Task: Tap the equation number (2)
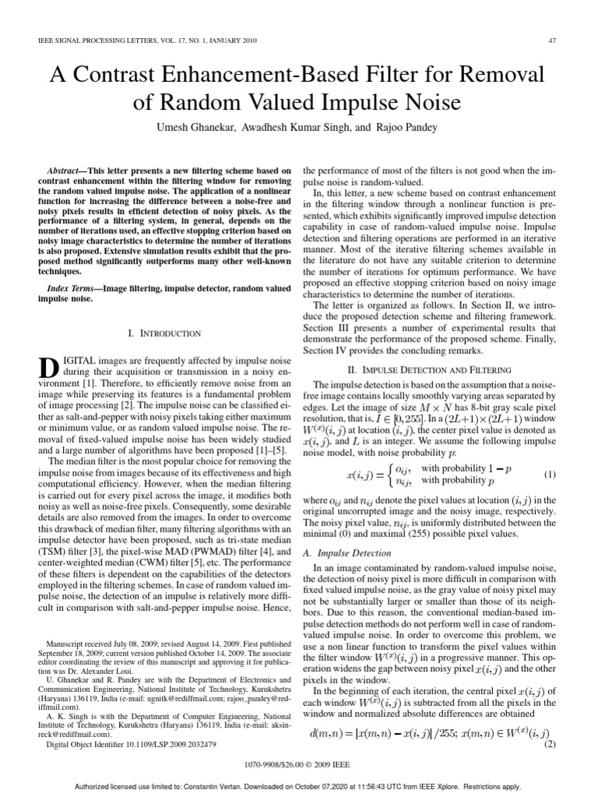[549, 743]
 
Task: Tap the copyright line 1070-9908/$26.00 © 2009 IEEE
[298, 765]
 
